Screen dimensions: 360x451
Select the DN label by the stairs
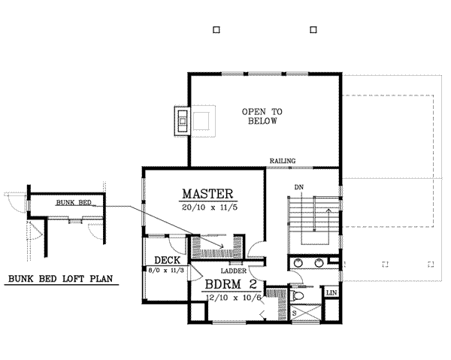298,186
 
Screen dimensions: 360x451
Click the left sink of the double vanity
298,263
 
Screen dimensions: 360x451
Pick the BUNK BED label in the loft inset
73,203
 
